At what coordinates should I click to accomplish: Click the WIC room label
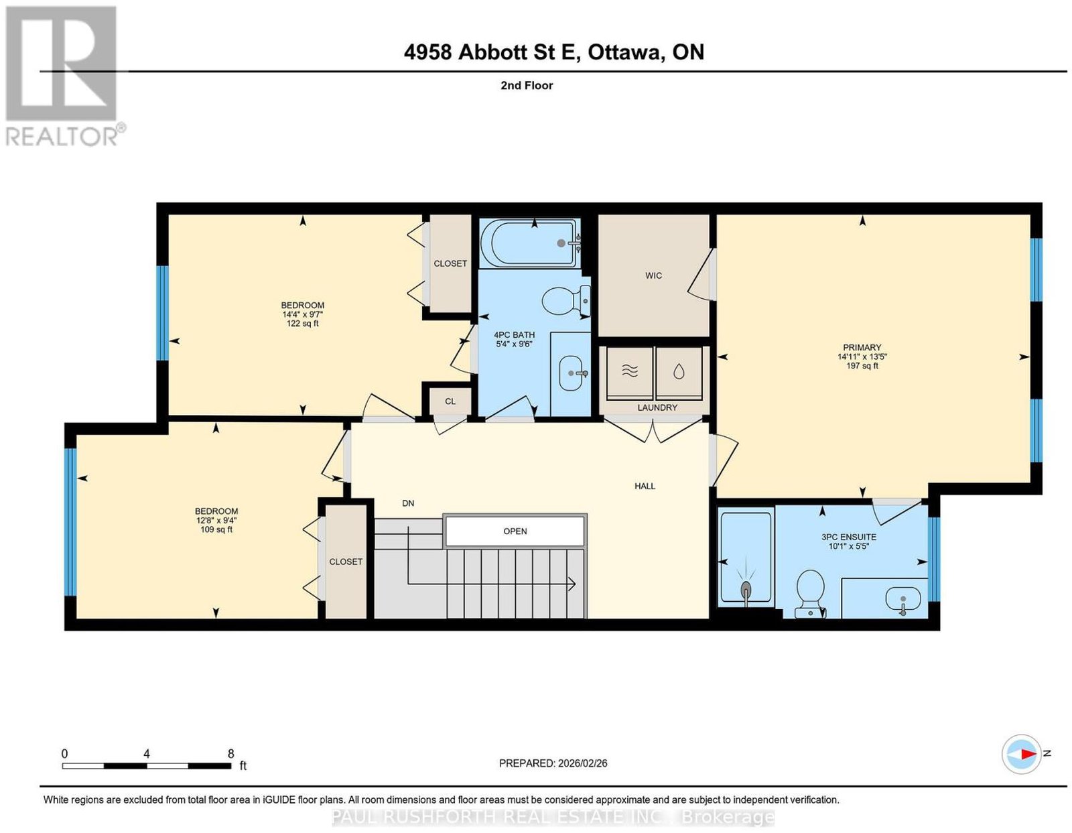[x=653, y=275]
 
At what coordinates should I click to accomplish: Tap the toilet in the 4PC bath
[x=566, y=300]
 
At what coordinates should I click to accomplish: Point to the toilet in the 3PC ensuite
[x=810, y=594]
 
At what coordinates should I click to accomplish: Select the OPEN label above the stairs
[x=515, y=531]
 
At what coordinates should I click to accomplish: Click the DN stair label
[x=408, y=503]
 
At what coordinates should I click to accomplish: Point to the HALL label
[x=645, y=486]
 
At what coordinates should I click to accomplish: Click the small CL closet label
[x=450, y=401]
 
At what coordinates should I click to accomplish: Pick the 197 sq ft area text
[x=862, y=365]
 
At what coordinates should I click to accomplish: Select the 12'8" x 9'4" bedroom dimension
[x=216, y=520]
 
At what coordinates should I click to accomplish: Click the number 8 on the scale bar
[x=231, y=754]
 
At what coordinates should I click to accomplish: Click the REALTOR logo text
[x=62, y=137]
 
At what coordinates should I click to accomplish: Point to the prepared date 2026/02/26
[x=583, y=763]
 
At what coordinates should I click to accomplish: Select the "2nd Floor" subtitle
[x=527, y=85]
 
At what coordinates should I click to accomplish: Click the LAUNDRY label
[x=657, y=407]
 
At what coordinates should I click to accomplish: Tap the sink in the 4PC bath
[x=572, y=373]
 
